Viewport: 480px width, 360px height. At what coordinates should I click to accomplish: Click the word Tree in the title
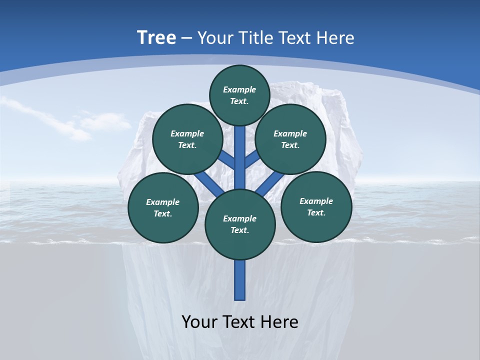156,38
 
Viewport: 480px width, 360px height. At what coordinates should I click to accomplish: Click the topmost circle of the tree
239,95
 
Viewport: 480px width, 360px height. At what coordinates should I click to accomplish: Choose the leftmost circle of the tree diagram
163,207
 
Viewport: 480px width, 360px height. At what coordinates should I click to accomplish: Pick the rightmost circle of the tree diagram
316,206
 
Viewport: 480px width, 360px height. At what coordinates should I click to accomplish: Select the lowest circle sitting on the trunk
240,224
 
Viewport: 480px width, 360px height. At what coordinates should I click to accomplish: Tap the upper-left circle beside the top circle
187,139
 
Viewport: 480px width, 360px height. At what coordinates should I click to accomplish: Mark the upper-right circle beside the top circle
290,139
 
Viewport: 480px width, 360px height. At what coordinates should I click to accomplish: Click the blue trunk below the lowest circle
240,280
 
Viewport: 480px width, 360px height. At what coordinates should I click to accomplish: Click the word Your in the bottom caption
199,321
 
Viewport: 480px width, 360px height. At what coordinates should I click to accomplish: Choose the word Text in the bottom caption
239,321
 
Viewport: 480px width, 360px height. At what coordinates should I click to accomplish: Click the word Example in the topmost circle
239,90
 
